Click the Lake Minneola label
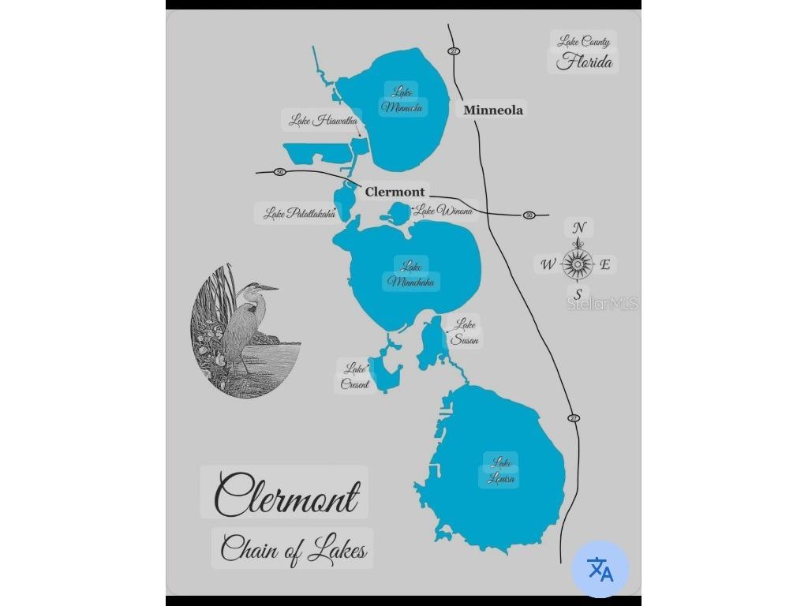click(402, 99)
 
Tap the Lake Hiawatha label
click(323, 121)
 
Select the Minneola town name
click(492, 110)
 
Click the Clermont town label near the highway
click(395, 192)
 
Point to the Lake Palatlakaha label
click(299, 213)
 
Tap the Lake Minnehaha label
click(411, 274)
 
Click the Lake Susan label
click(464, 332)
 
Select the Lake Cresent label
click(355, 376)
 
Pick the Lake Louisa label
click(501, 470)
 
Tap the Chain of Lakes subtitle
click(293, 548)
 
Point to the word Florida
click(584, 62)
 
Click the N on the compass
click(579, 229)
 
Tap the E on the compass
click(605, 264)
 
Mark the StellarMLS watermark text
click(602, 304)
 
